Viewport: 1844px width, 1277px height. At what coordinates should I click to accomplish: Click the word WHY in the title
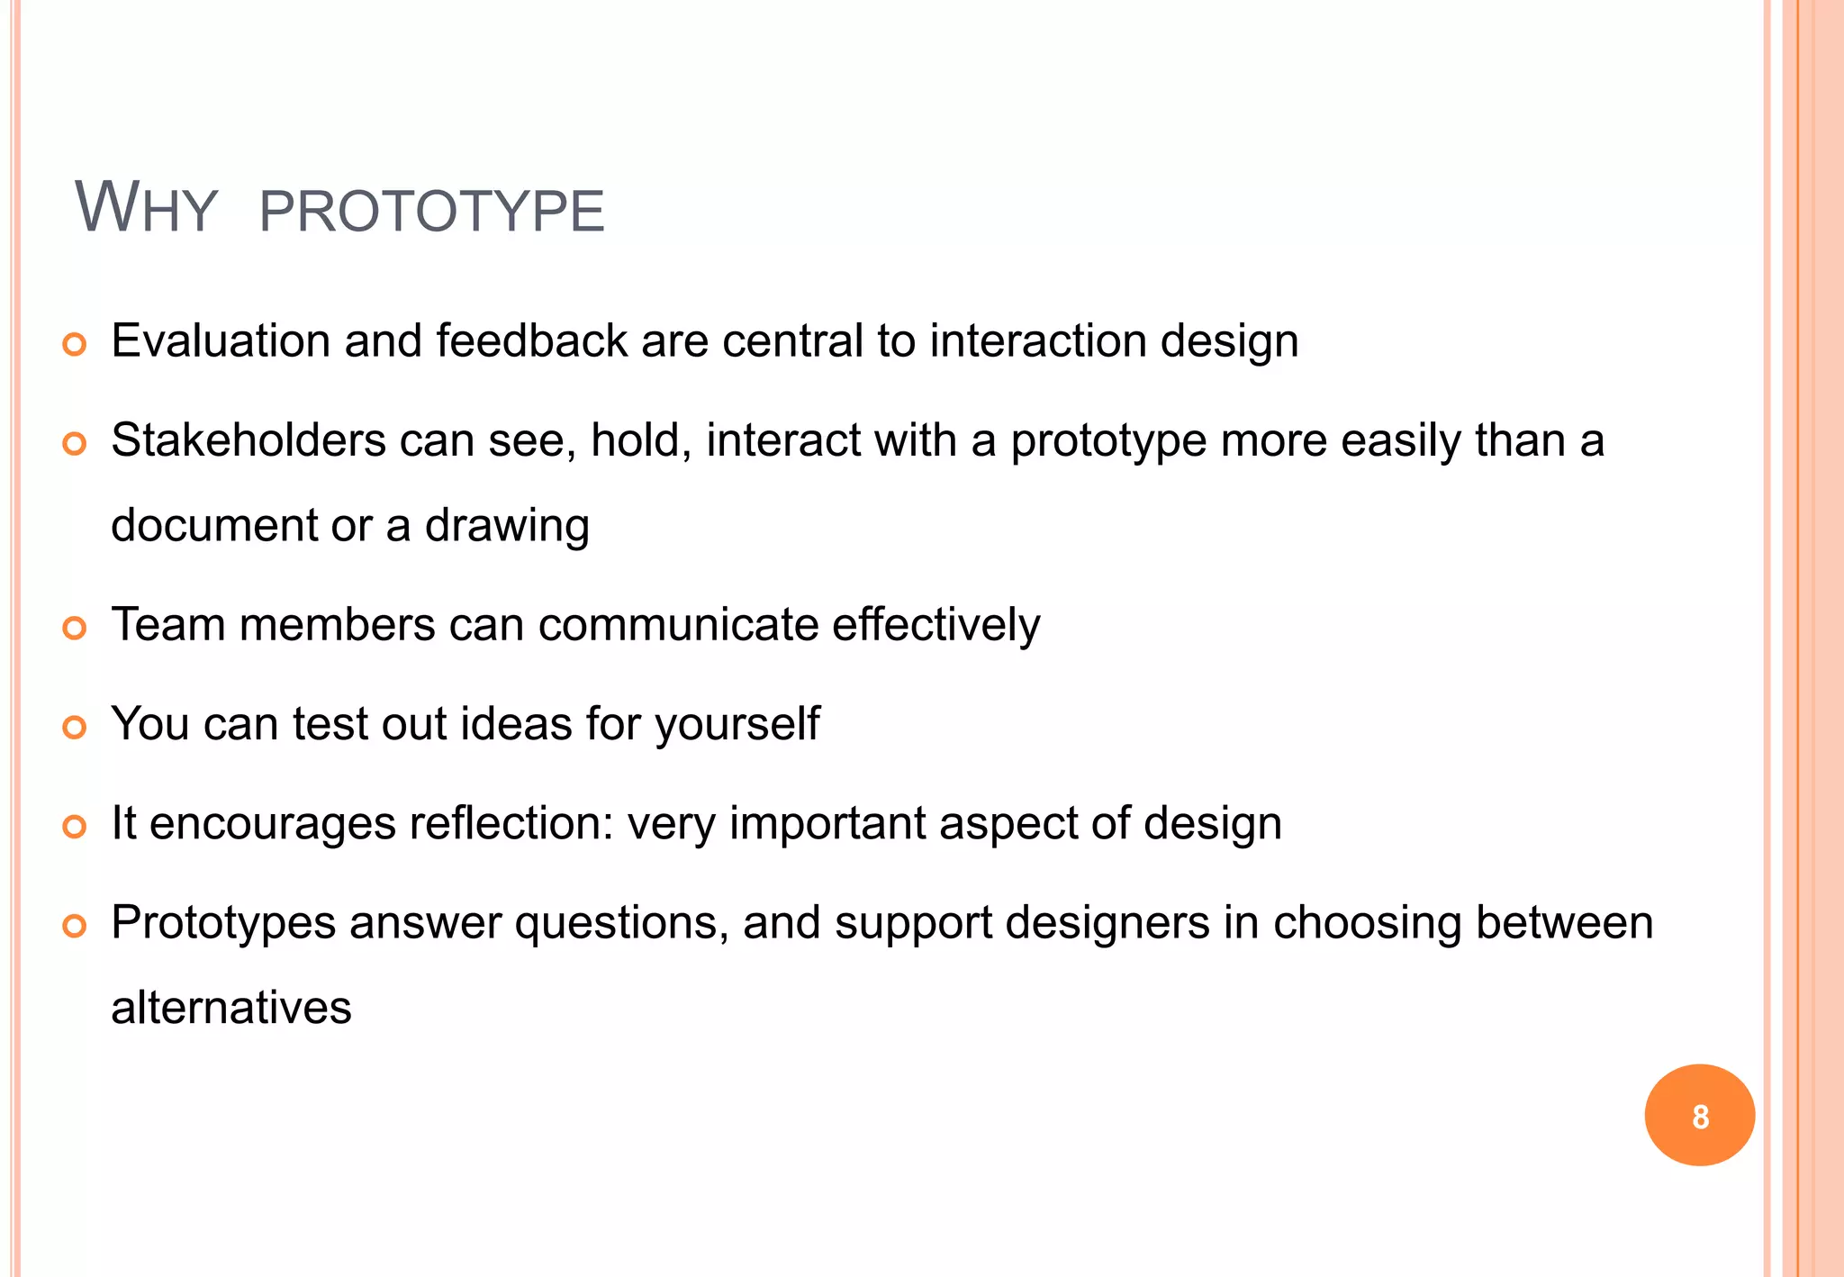146,209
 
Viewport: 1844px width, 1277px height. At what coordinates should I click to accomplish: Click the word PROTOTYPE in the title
431,212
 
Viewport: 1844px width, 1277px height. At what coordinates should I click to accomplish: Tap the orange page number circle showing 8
1699,1115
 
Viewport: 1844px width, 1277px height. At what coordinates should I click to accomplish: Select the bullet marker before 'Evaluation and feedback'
75,344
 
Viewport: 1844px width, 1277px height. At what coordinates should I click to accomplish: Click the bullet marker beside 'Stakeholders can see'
75,443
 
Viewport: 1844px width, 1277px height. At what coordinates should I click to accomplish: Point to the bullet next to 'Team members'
75,628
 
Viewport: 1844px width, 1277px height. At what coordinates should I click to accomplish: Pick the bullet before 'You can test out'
75,727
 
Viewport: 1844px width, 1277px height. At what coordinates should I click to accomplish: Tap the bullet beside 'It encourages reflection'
75,826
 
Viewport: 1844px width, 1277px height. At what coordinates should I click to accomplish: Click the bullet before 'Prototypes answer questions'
75,925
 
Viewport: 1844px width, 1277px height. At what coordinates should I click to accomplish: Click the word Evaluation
221,341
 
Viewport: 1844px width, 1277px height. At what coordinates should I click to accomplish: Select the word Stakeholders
249,440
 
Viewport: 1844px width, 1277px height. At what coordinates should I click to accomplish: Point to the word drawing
507,526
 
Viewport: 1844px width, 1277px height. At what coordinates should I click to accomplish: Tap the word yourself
737,724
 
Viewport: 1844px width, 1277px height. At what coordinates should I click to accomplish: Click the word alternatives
231,1007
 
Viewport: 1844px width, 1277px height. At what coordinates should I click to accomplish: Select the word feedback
531,341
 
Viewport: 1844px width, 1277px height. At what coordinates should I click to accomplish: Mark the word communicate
678,625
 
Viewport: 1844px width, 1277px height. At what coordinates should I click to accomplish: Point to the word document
214,525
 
